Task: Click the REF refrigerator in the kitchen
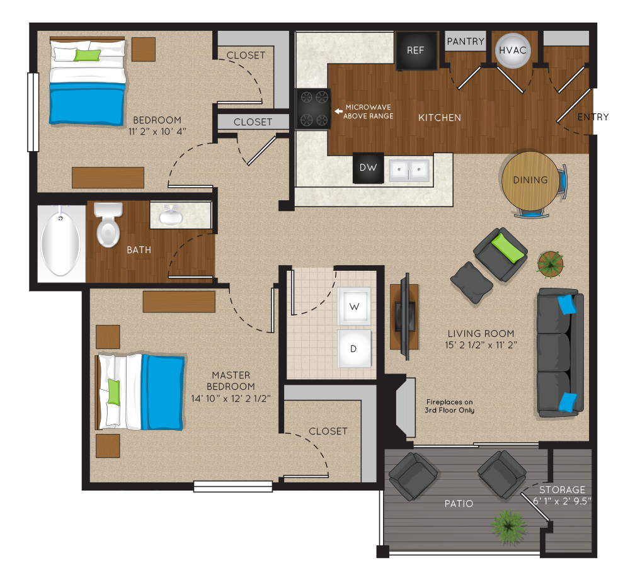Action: click(416, 50)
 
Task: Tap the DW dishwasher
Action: click(369, 168)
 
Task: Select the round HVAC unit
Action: click(513, 50)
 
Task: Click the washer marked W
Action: click(354, 306)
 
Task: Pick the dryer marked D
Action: click(354, 348)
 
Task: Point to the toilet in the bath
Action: click(108, 224)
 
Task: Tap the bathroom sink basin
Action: click(171, 216)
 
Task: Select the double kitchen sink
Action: click(409, 171)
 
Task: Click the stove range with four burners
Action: click(314, 108)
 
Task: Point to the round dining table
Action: click(530, 180)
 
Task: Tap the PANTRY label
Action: click(466, 42)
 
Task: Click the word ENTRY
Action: click(593, 117)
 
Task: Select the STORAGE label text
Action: click(562, 489)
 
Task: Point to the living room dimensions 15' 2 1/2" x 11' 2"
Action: click(481, 345)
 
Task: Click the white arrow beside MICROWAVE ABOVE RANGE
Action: click(338, 111)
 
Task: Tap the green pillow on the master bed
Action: click(113, 392)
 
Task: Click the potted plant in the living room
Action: click(551, 264)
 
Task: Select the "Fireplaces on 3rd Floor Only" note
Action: click(449, 406)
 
